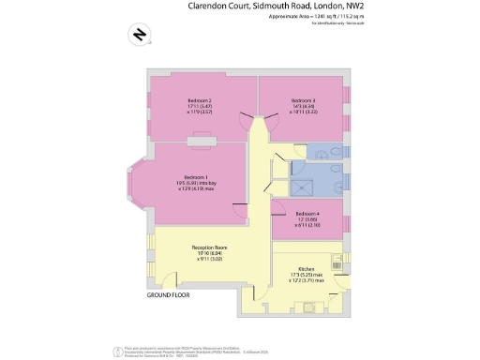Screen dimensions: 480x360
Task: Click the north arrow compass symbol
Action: [140, 36]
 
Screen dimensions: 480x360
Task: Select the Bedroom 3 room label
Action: [302, 100]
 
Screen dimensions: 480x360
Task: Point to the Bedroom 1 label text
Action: [196, 177]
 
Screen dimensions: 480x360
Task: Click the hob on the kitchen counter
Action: [336, 264]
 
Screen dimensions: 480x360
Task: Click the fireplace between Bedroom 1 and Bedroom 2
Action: [200, 142]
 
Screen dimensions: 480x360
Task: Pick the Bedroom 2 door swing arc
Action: [247, 121]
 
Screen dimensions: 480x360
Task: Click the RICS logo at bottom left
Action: [116, 349]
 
